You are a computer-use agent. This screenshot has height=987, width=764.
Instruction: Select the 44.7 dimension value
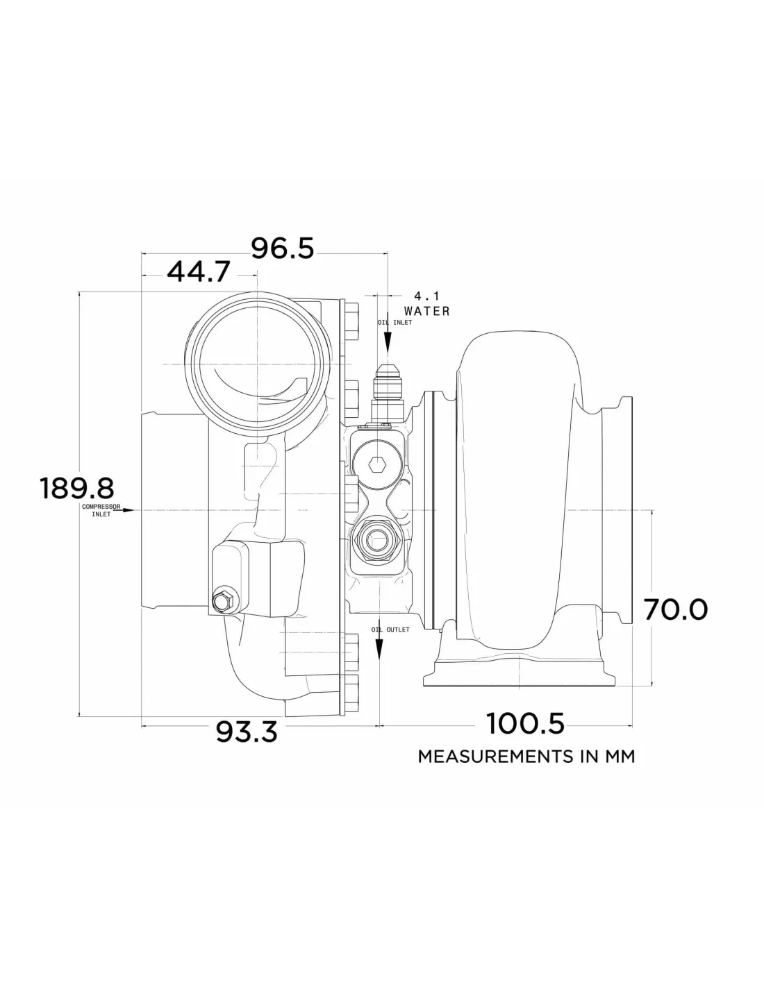point(198,272)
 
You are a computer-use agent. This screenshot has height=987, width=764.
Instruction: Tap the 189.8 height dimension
point(77,488)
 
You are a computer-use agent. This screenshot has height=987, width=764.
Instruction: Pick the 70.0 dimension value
point(676,609)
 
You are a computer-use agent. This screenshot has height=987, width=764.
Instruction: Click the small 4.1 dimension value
point(426,296)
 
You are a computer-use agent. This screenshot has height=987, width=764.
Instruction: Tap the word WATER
point(426,311)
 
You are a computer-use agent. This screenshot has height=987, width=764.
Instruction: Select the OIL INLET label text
point(395,323)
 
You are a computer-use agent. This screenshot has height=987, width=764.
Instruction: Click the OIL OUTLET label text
point(390,630)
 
